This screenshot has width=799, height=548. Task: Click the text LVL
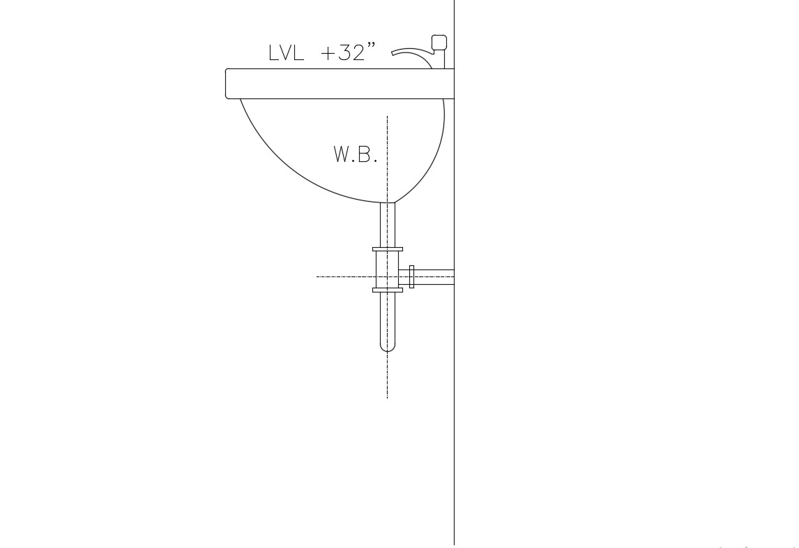286,53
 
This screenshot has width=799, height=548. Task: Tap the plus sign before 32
328,54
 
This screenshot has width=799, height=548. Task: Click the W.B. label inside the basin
356,154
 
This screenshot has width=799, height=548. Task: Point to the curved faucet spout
411,52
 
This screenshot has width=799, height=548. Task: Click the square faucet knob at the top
439,43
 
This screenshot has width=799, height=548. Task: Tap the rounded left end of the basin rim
228,84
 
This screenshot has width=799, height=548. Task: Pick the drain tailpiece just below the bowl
388,223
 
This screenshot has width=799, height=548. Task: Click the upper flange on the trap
388,249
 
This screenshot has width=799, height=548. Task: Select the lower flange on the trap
388,290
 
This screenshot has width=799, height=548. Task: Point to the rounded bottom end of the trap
388,346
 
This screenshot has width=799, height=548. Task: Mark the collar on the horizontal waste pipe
412,277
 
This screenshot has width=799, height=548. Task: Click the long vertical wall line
455,419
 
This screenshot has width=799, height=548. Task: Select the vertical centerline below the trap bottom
388,377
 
